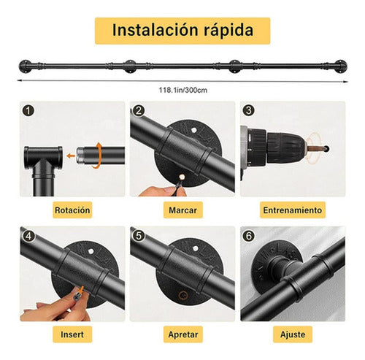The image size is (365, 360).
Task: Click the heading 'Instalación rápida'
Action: pyautogui.click(x=182, y=31)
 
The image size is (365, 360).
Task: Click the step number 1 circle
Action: pyautogui.click(x=28, y=111)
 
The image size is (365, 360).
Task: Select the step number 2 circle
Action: pyautogui.click(x=137, y=111)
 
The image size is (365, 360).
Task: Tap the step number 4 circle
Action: pyautogui.click(x=28, y=236)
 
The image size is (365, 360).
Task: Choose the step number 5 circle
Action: pyautogui.click(x=137, y=236)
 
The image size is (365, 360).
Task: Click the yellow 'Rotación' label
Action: pyautogui.click(x=72, y=210)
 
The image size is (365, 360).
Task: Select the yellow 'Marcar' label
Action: pyautogui.click(x=182, y=210)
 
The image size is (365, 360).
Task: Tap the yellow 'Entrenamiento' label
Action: pyautogui.click(x=292, y=210)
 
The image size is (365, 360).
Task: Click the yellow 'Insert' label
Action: pyautogui.click(x=72, y=335)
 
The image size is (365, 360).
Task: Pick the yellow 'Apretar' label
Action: pyautogui.click(x=182, y=335)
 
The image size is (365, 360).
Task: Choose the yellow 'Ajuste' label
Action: pyautogui.click(x=292, y=335)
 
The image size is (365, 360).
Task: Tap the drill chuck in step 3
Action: pyautogui.click(x=271, y=150)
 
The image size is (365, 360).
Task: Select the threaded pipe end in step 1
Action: pyautogui.click(x=92, y=155)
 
